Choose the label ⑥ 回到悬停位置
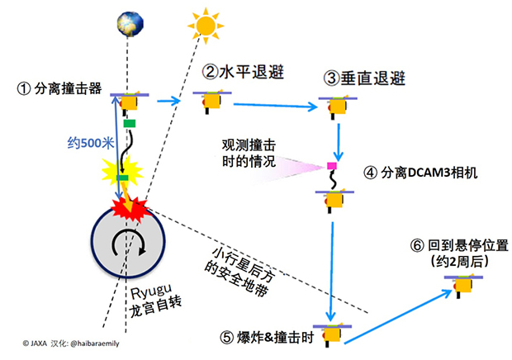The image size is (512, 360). click(x=457, y=245)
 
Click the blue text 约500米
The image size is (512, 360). click(x=88, y=141)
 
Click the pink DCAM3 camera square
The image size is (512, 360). click(x=331, y=167)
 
